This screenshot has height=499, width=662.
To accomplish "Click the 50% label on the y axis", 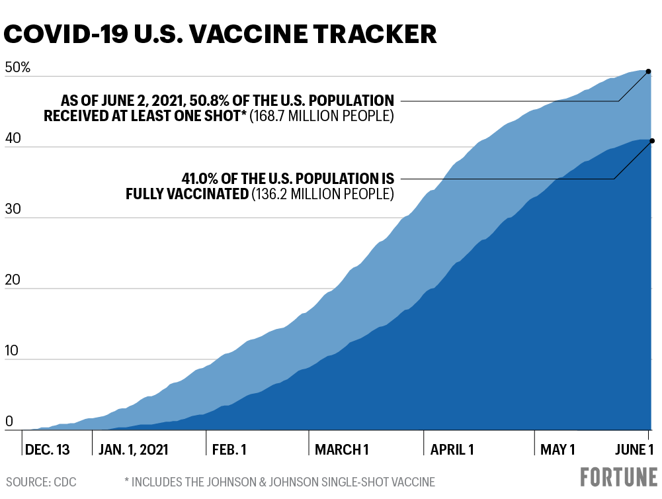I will coord(18,68).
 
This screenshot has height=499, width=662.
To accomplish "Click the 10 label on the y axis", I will coord(14,351).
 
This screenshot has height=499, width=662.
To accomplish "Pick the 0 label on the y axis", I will coord(9,421).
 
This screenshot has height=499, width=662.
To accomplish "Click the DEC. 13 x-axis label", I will coord(47,450).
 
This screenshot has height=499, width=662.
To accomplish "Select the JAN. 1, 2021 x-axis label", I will coord(133,450).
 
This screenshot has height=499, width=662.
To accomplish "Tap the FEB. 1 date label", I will coord(229,450).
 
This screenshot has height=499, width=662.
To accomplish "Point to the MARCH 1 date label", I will coord(341,450).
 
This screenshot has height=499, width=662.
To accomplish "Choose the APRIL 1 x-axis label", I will coord(452,450).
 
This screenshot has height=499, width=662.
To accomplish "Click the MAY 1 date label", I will coord(558,450).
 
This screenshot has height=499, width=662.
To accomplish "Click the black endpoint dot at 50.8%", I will coord(649,71).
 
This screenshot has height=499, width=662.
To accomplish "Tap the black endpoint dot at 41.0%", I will coord(652,140).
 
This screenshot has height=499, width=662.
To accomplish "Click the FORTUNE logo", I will coord(619,477).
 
